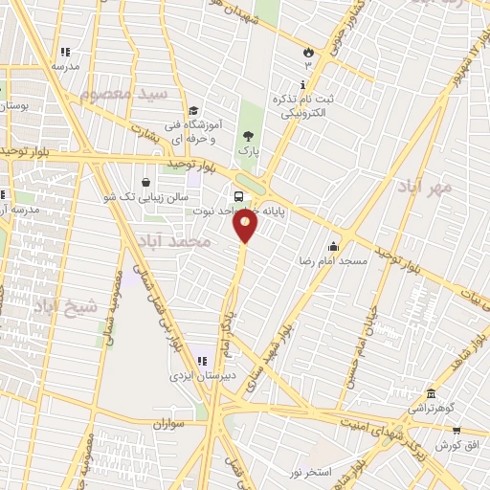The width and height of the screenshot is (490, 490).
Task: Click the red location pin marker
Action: click(x=245, y=226)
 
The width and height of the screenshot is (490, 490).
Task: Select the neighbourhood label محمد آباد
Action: click(x=173, y=239)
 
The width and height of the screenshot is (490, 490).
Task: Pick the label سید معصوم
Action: click(x=123, y=94)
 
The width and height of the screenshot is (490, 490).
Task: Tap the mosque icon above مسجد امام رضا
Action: click(x=333, y=245)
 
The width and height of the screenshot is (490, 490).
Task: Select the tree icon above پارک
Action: click(x=249, y=136)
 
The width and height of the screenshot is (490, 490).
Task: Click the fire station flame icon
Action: click(x=308, y=53)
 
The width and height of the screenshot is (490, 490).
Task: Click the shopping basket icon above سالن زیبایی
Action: click(x=145, y=181)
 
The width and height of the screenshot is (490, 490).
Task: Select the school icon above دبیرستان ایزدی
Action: click(x=201, y=361)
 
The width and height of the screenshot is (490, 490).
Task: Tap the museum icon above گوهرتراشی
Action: click(x=431, y=394)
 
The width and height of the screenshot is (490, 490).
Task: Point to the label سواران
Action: click(x=167, y=422)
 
